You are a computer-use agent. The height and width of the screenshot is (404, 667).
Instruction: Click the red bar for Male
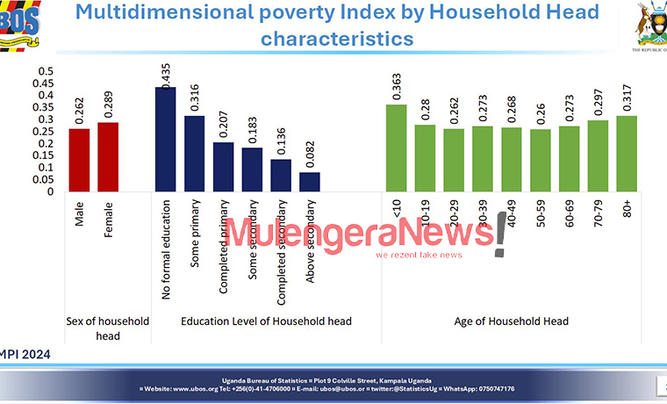point(79,160)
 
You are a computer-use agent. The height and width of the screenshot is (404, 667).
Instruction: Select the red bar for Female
point(108,156)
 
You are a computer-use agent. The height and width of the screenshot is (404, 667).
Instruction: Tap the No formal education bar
point(165,139)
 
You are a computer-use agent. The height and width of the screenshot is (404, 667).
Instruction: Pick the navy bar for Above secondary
point(309,182)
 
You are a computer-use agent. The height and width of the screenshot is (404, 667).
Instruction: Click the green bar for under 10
point(397,148)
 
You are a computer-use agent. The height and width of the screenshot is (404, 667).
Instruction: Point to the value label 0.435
point(165,75)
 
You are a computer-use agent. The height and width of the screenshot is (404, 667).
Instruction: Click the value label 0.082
point(310,159)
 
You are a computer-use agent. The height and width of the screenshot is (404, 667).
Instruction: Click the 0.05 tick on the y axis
point(42,179)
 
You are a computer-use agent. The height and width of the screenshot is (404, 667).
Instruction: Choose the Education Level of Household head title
point(266,321)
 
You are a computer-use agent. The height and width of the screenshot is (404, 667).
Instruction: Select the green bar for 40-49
point(513,159)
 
